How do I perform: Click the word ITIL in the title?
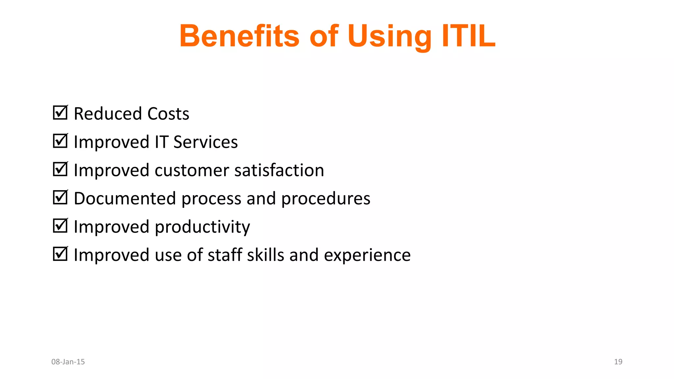click(x=468, y=36)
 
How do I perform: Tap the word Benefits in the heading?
click(x=239, y=36)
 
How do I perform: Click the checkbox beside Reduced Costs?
click(x=60, y=113)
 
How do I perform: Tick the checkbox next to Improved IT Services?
click(x=60, y=141)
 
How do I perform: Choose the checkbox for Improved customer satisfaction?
click(x=60, y=169)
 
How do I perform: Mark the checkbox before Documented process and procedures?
click(x=60, y=197)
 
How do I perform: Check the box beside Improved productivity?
click(x=60, y=226)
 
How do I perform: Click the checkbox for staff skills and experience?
click(x=60, y=254)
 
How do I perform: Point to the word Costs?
click(x=168, y=114)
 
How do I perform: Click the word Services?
click(x=205, y=142)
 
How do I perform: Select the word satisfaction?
click(x=279, y=170)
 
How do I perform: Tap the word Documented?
click(x=125, y=199)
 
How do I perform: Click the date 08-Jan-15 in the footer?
click(x=68, y=362)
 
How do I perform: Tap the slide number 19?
click(x=618, y=362)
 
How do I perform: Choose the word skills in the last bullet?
click(x=265, y=255)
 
